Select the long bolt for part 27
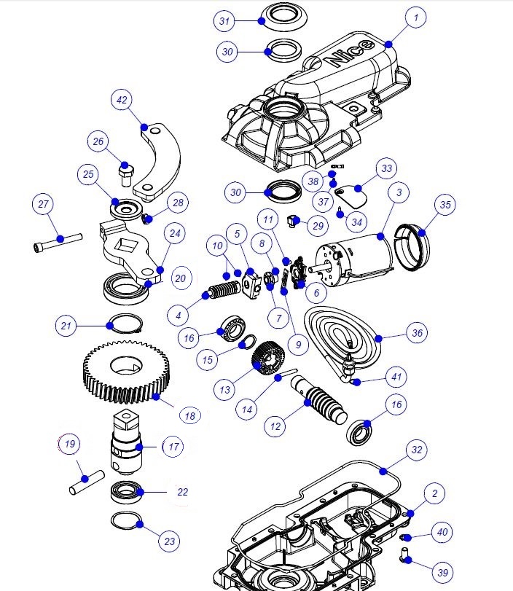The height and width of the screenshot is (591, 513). pos(57,240)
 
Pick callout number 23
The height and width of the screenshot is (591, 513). pos(170,541)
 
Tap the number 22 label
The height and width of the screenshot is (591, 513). pos(182,492)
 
